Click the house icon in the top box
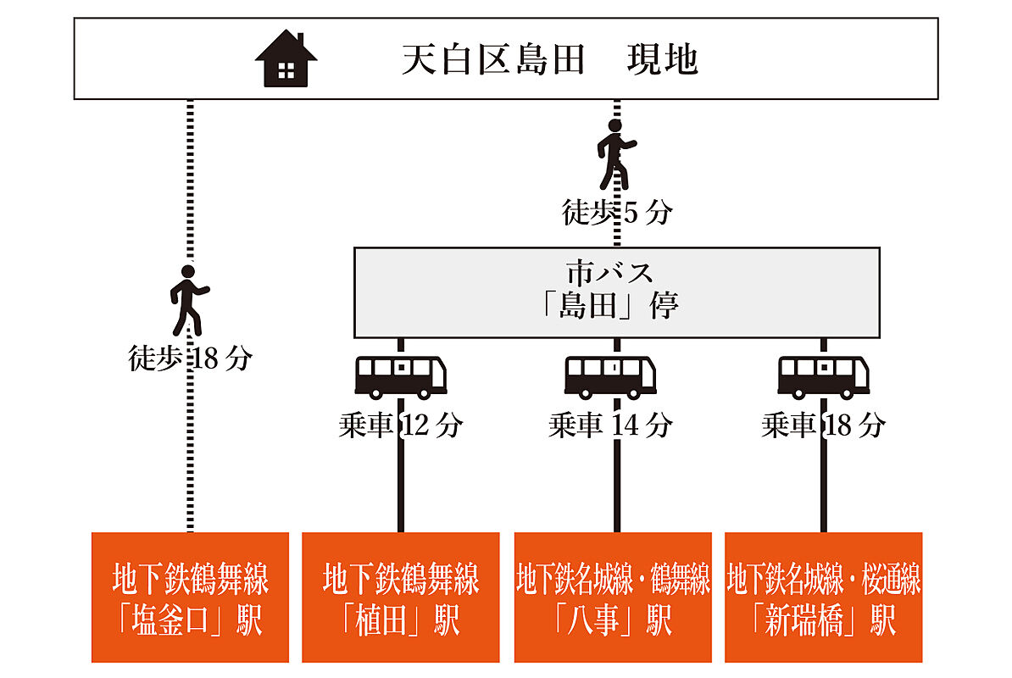click(286, 58)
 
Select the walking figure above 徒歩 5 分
click(616, 154)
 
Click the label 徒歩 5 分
click(616, 212)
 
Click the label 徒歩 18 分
click(190, 358)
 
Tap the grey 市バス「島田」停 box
click(616, 292)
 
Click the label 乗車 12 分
click(400, 425)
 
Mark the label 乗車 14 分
click(610, 425)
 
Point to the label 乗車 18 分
click(823, 425)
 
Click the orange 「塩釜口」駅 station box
click(190, 597)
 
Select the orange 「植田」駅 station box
click(400, 597)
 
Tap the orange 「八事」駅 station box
click(612, 597)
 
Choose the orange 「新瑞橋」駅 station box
click(823, 597)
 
